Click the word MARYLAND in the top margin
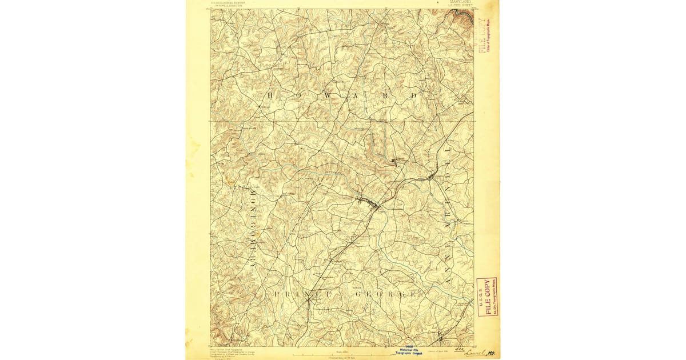(x=461, y=2)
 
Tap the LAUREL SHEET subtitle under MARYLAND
(x=461, y=6)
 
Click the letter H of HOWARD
(x=270, y=95)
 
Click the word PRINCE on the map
(x=302, y=294)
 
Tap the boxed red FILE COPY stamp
(x=487, y=297)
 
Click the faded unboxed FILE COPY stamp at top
(x=482, y=35)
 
